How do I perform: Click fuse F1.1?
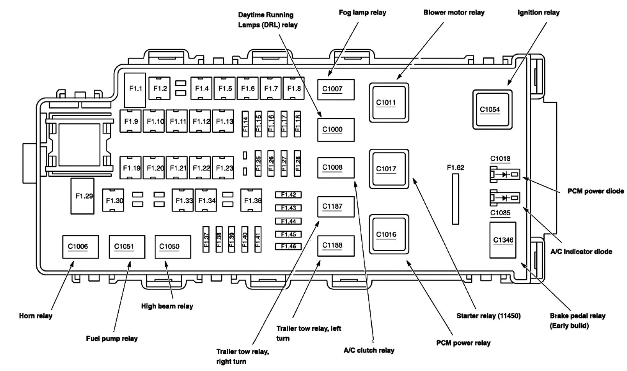click(x=135, y=90)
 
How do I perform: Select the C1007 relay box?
click(x=336, y=89)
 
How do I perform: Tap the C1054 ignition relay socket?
click(x=492, y=109)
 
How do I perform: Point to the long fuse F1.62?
click(x=456, y=199)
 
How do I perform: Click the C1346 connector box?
click(x=503, y=240)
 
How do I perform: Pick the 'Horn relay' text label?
click(x=36, y=316)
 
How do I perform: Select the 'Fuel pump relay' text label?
click(x=111, y=338)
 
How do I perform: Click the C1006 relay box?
click(x=80, y=247)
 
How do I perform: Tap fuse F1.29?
click(x=82, y=196)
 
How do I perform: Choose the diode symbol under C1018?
click(x=505, y=175)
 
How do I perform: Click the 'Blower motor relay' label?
click(x=454, y=13)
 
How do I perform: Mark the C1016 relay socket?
click(x=389, y=234)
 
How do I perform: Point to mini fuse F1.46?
click(x=288, y=246)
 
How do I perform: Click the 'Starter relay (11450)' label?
click(x=488, y=316)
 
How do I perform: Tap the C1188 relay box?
click(x=336, y=246)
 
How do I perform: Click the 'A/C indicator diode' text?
click(x=581, y=252)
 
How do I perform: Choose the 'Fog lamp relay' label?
click(x=362, y=13)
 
